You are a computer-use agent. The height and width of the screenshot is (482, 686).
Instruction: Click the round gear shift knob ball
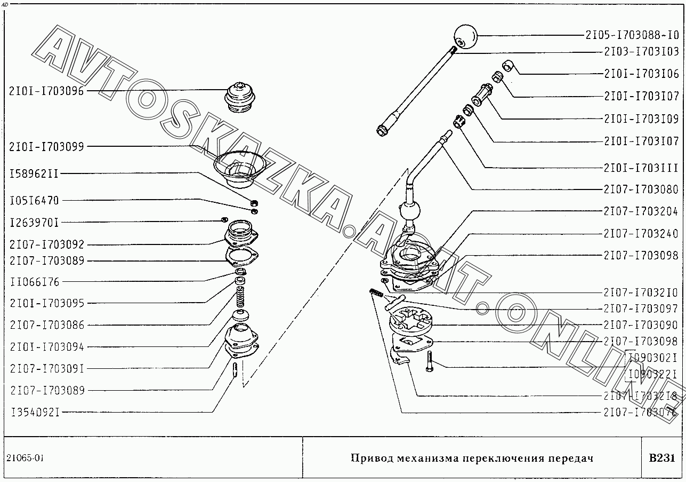click(465, 37)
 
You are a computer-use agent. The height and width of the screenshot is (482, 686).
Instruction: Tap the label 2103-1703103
click(641, 52)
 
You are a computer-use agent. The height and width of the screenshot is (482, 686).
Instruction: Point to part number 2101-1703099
click(46, 146)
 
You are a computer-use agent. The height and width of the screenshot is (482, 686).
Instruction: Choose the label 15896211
click(34, 174)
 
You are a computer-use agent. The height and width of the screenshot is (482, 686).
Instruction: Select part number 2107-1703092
click(46, 245)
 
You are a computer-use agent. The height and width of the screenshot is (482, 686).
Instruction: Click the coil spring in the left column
click(240, 296)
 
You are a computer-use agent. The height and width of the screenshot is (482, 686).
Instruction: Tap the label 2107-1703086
click(46, 325)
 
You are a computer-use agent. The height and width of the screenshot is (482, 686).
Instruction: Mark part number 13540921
click(34, 412)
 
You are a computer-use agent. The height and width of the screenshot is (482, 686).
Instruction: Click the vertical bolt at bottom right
click(430, 362)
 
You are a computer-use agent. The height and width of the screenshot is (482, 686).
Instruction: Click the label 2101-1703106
click(641, 74)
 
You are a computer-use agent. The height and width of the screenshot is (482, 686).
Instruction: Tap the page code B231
click(662, 458)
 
